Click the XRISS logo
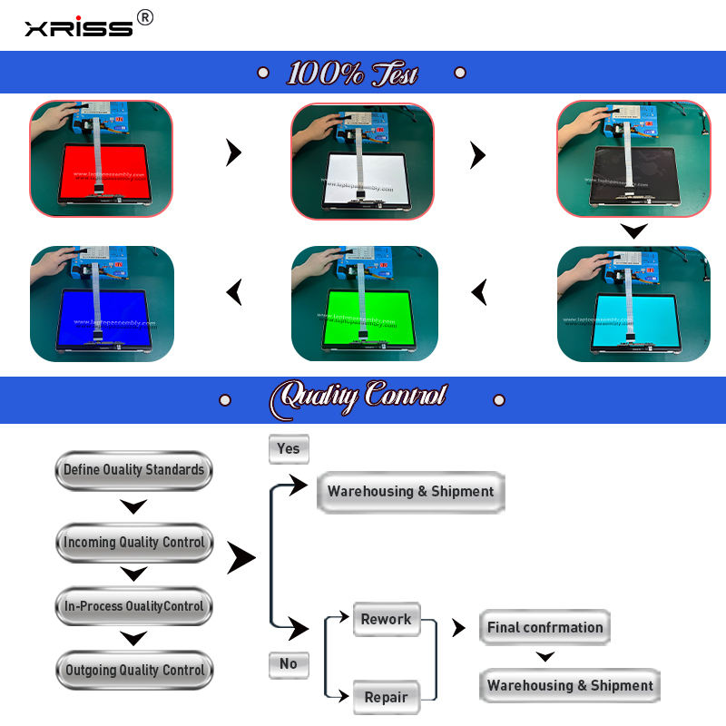78,28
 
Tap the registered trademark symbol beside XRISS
144,17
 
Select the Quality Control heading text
361,397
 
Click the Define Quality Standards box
133,470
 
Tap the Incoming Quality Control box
133,543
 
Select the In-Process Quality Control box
133,606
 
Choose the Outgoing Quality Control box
134,671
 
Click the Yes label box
289,448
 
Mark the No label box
289,664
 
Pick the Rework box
387,620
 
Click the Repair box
387,697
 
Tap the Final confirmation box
544,627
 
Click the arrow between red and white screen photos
234,153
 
